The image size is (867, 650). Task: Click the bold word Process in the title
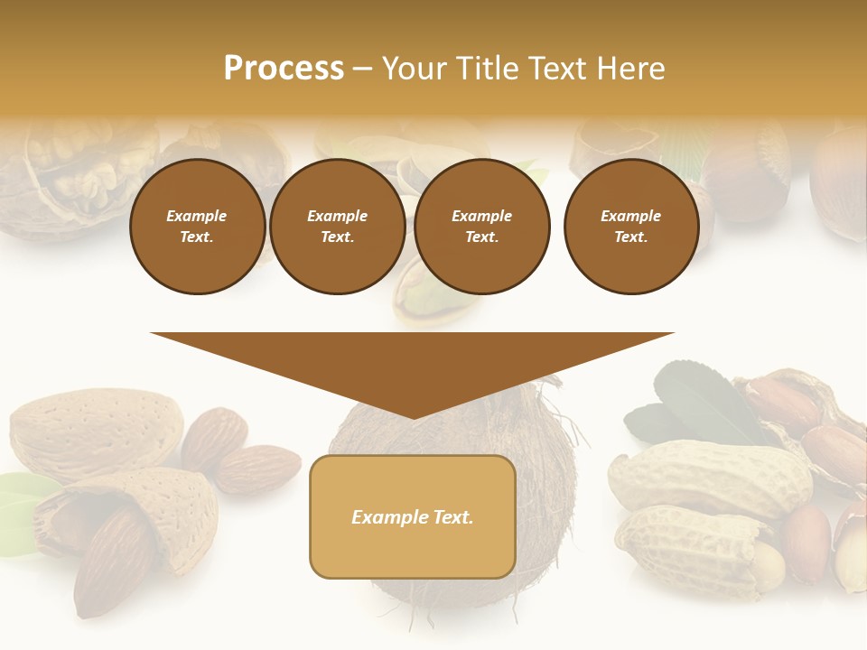pyautogui.click(x=284, y=69)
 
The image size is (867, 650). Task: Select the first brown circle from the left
pyautogui.click(x=197, y=227)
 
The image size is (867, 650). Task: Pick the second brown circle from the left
pyautogui.click(x=337, y=227)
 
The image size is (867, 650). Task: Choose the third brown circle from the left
pyautogui.click(x=481, y=227)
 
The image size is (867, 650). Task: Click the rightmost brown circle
pyautogui.click(x=630, y=227)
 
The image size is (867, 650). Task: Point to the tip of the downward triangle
pyautogui.click(x=413, y=416)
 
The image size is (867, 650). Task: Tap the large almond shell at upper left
pyautogui.click(x=95, y=429)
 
